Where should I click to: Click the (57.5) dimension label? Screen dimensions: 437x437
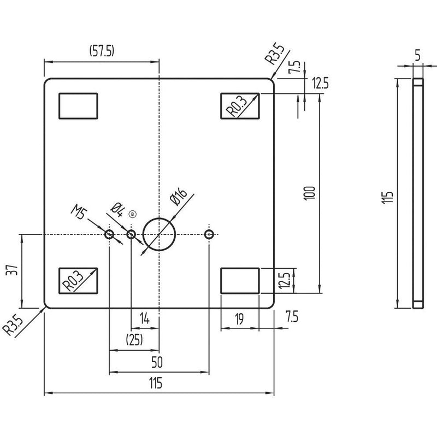(x=102, y=51)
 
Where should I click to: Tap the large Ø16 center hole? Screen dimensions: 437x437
(x=159, y=218)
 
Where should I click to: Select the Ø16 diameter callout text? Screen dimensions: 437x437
(x=178, y=197)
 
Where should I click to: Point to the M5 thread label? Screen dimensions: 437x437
(x=79, y=211)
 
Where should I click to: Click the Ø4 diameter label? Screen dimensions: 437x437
(x=117, y=210)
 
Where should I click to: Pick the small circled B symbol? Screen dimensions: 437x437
(x=133, y=214)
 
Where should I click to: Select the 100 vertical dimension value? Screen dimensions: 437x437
(x=309, y=193)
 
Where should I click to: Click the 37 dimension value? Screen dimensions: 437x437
(x=12, y=270)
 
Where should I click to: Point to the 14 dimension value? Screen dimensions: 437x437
(x=145, y=318)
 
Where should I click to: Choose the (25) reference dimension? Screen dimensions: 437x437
(x=134, y=339)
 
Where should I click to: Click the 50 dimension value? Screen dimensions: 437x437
(x=157, y=362)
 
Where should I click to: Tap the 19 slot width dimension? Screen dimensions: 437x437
(x=239, y=319)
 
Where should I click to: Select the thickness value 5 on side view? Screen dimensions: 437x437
(x=417, y=55)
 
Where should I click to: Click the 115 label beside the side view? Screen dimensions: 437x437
(x=387, y=197)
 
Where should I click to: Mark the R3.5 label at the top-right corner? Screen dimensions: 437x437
(x=275, y=54)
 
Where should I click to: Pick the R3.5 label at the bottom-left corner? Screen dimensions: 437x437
(x=13, y=326)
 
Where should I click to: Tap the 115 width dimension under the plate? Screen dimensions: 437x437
(x=156, y=383)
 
